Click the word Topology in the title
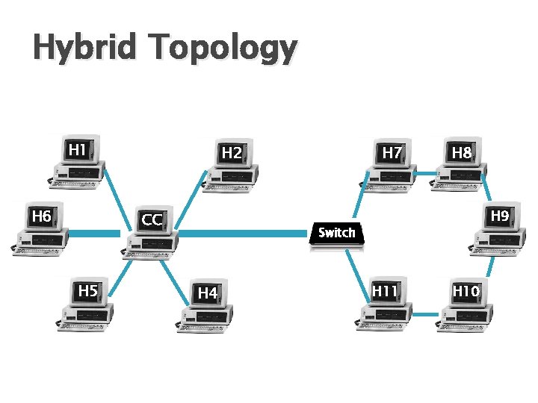tap(222, 50)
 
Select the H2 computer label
tap(232, 153)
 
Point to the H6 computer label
tap(41, 216)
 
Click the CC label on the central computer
tap(152, 220)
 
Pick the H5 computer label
tap(88, 290)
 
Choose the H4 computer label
tap(208, 293)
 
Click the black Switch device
tap(336, 234)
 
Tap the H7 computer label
tap(392, 153)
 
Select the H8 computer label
tap(462, 153)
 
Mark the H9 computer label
tap(500, 216)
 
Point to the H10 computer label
tap(466, 290)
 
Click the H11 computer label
tap(385, 290)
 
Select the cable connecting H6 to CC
tap(93, 234)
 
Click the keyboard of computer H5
tap(82, 325)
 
